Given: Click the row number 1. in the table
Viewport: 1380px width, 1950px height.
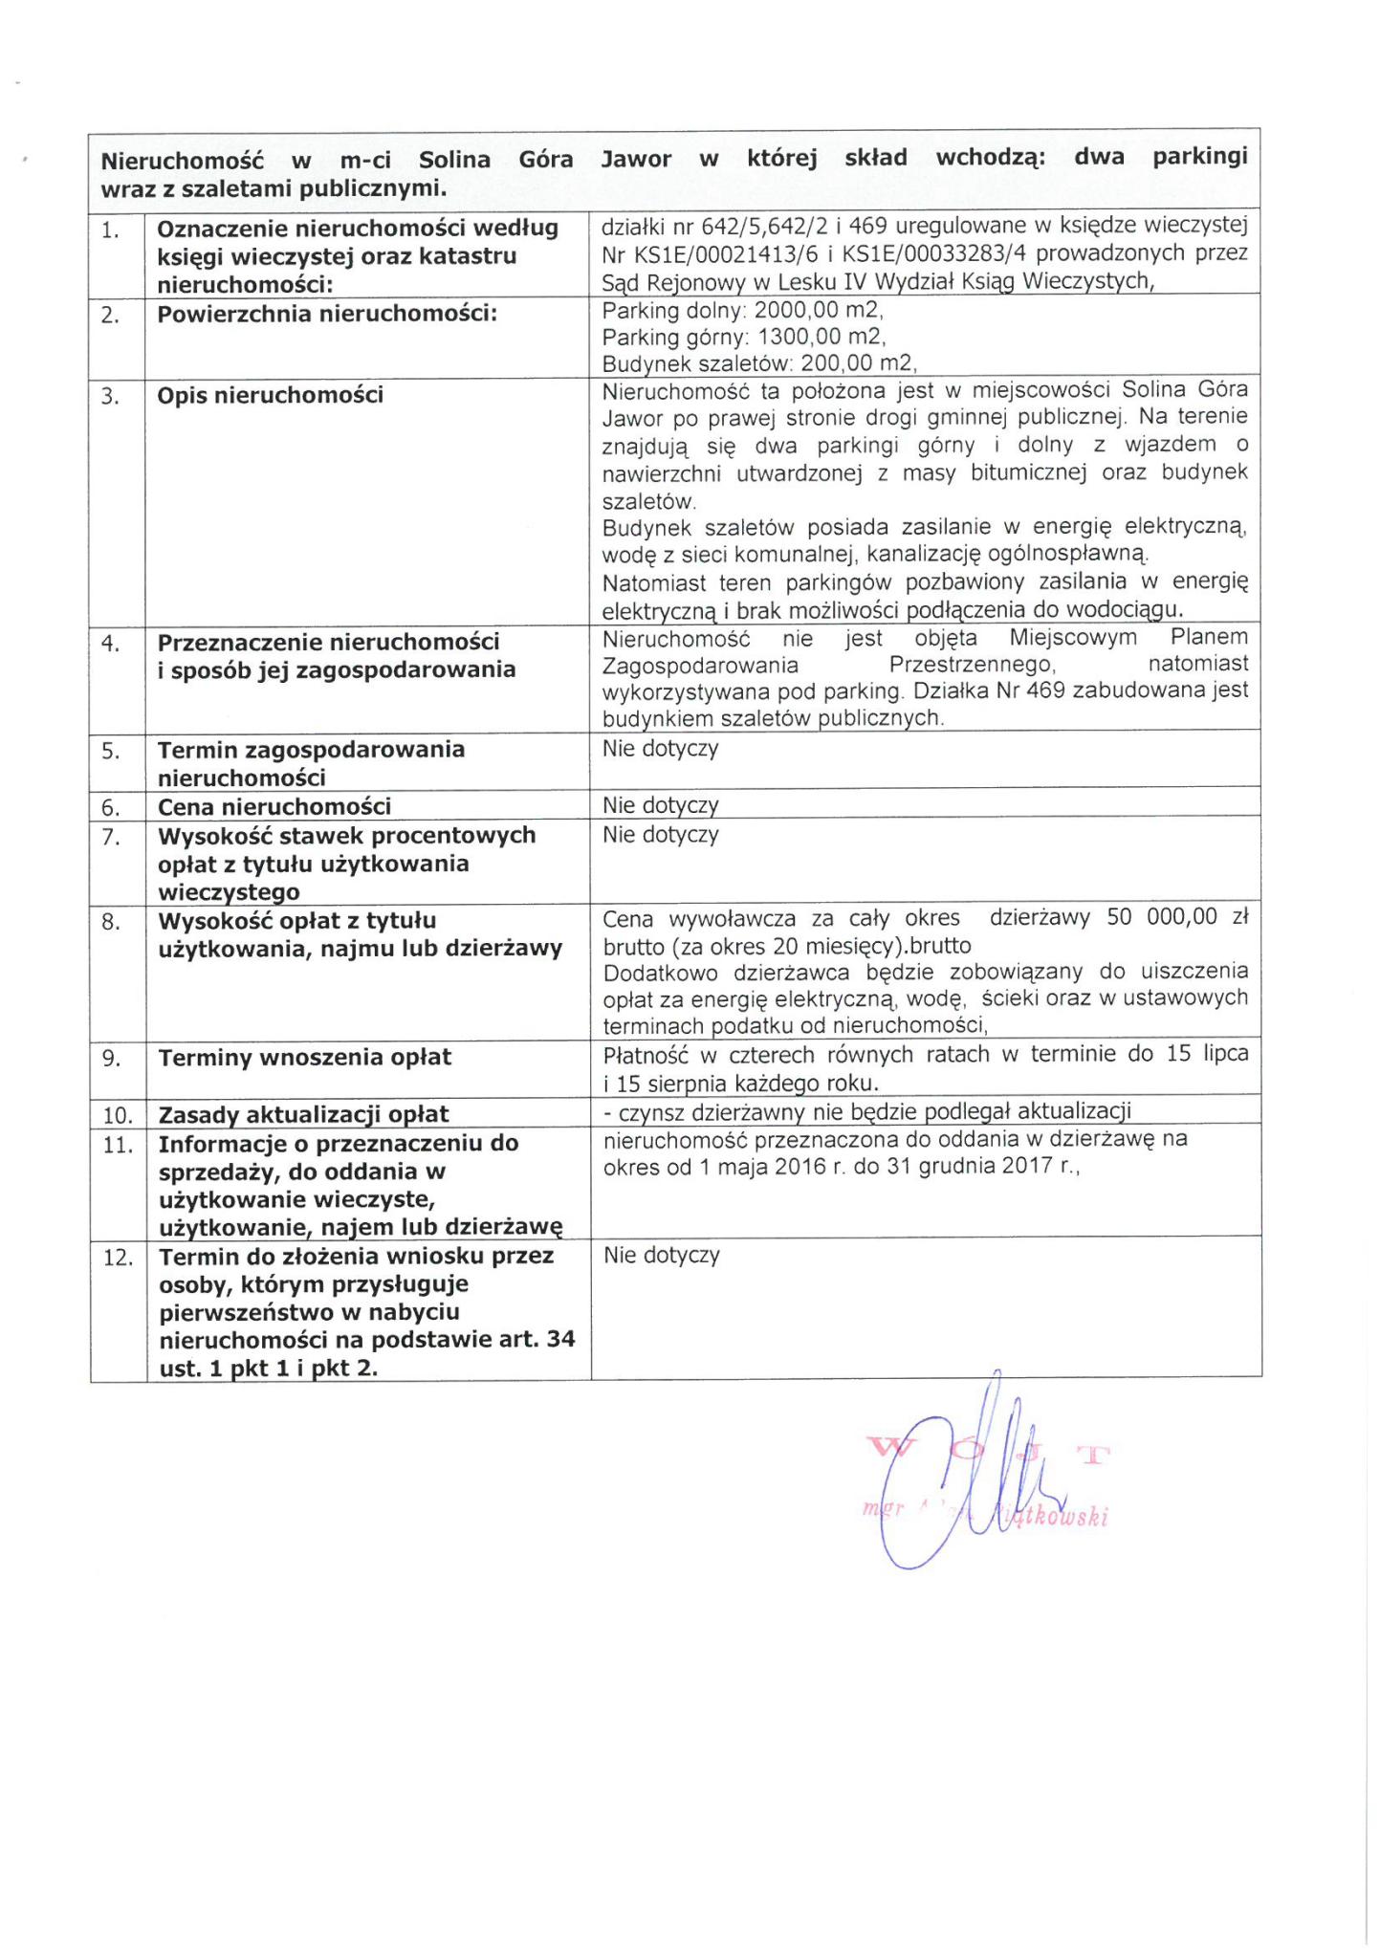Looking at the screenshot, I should (110, 230).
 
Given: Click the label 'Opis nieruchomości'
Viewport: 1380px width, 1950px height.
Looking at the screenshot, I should (270, 395).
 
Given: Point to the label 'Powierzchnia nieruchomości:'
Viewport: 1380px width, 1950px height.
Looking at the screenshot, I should (327, 314).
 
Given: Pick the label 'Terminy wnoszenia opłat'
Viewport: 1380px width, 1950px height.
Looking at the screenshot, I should (304, 1058).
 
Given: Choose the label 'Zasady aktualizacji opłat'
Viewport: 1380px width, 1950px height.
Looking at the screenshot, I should (303, 1114).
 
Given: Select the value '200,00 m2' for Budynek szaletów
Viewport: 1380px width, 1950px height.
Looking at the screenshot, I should (858, 363).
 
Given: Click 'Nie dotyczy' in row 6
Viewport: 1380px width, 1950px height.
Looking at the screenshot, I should (660, 805).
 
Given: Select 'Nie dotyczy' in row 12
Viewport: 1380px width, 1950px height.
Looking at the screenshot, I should (661, 1255).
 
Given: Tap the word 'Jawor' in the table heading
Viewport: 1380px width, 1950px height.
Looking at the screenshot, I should (635, 159).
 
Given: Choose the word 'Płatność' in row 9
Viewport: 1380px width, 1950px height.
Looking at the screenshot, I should (643, 1056).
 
